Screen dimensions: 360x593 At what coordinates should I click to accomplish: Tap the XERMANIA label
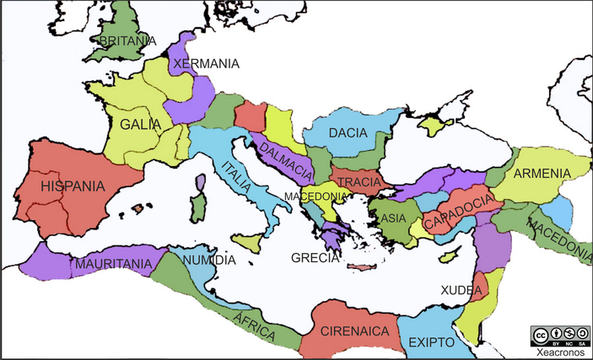(206, 63)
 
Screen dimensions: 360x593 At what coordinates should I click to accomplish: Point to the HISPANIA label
(73, 186)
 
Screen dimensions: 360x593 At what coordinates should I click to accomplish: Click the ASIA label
(394, 218)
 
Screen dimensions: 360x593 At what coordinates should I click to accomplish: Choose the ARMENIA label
(542, 173)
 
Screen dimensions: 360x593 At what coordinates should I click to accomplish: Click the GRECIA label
(315, 257)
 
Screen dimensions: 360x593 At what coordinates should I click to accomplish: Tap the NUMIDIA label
(209, 260)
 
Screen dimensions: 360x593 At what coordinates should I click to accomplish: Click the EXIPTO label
(430, 342)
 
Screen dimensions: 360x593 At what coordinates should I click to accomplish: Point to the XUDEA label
(461, 290)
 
